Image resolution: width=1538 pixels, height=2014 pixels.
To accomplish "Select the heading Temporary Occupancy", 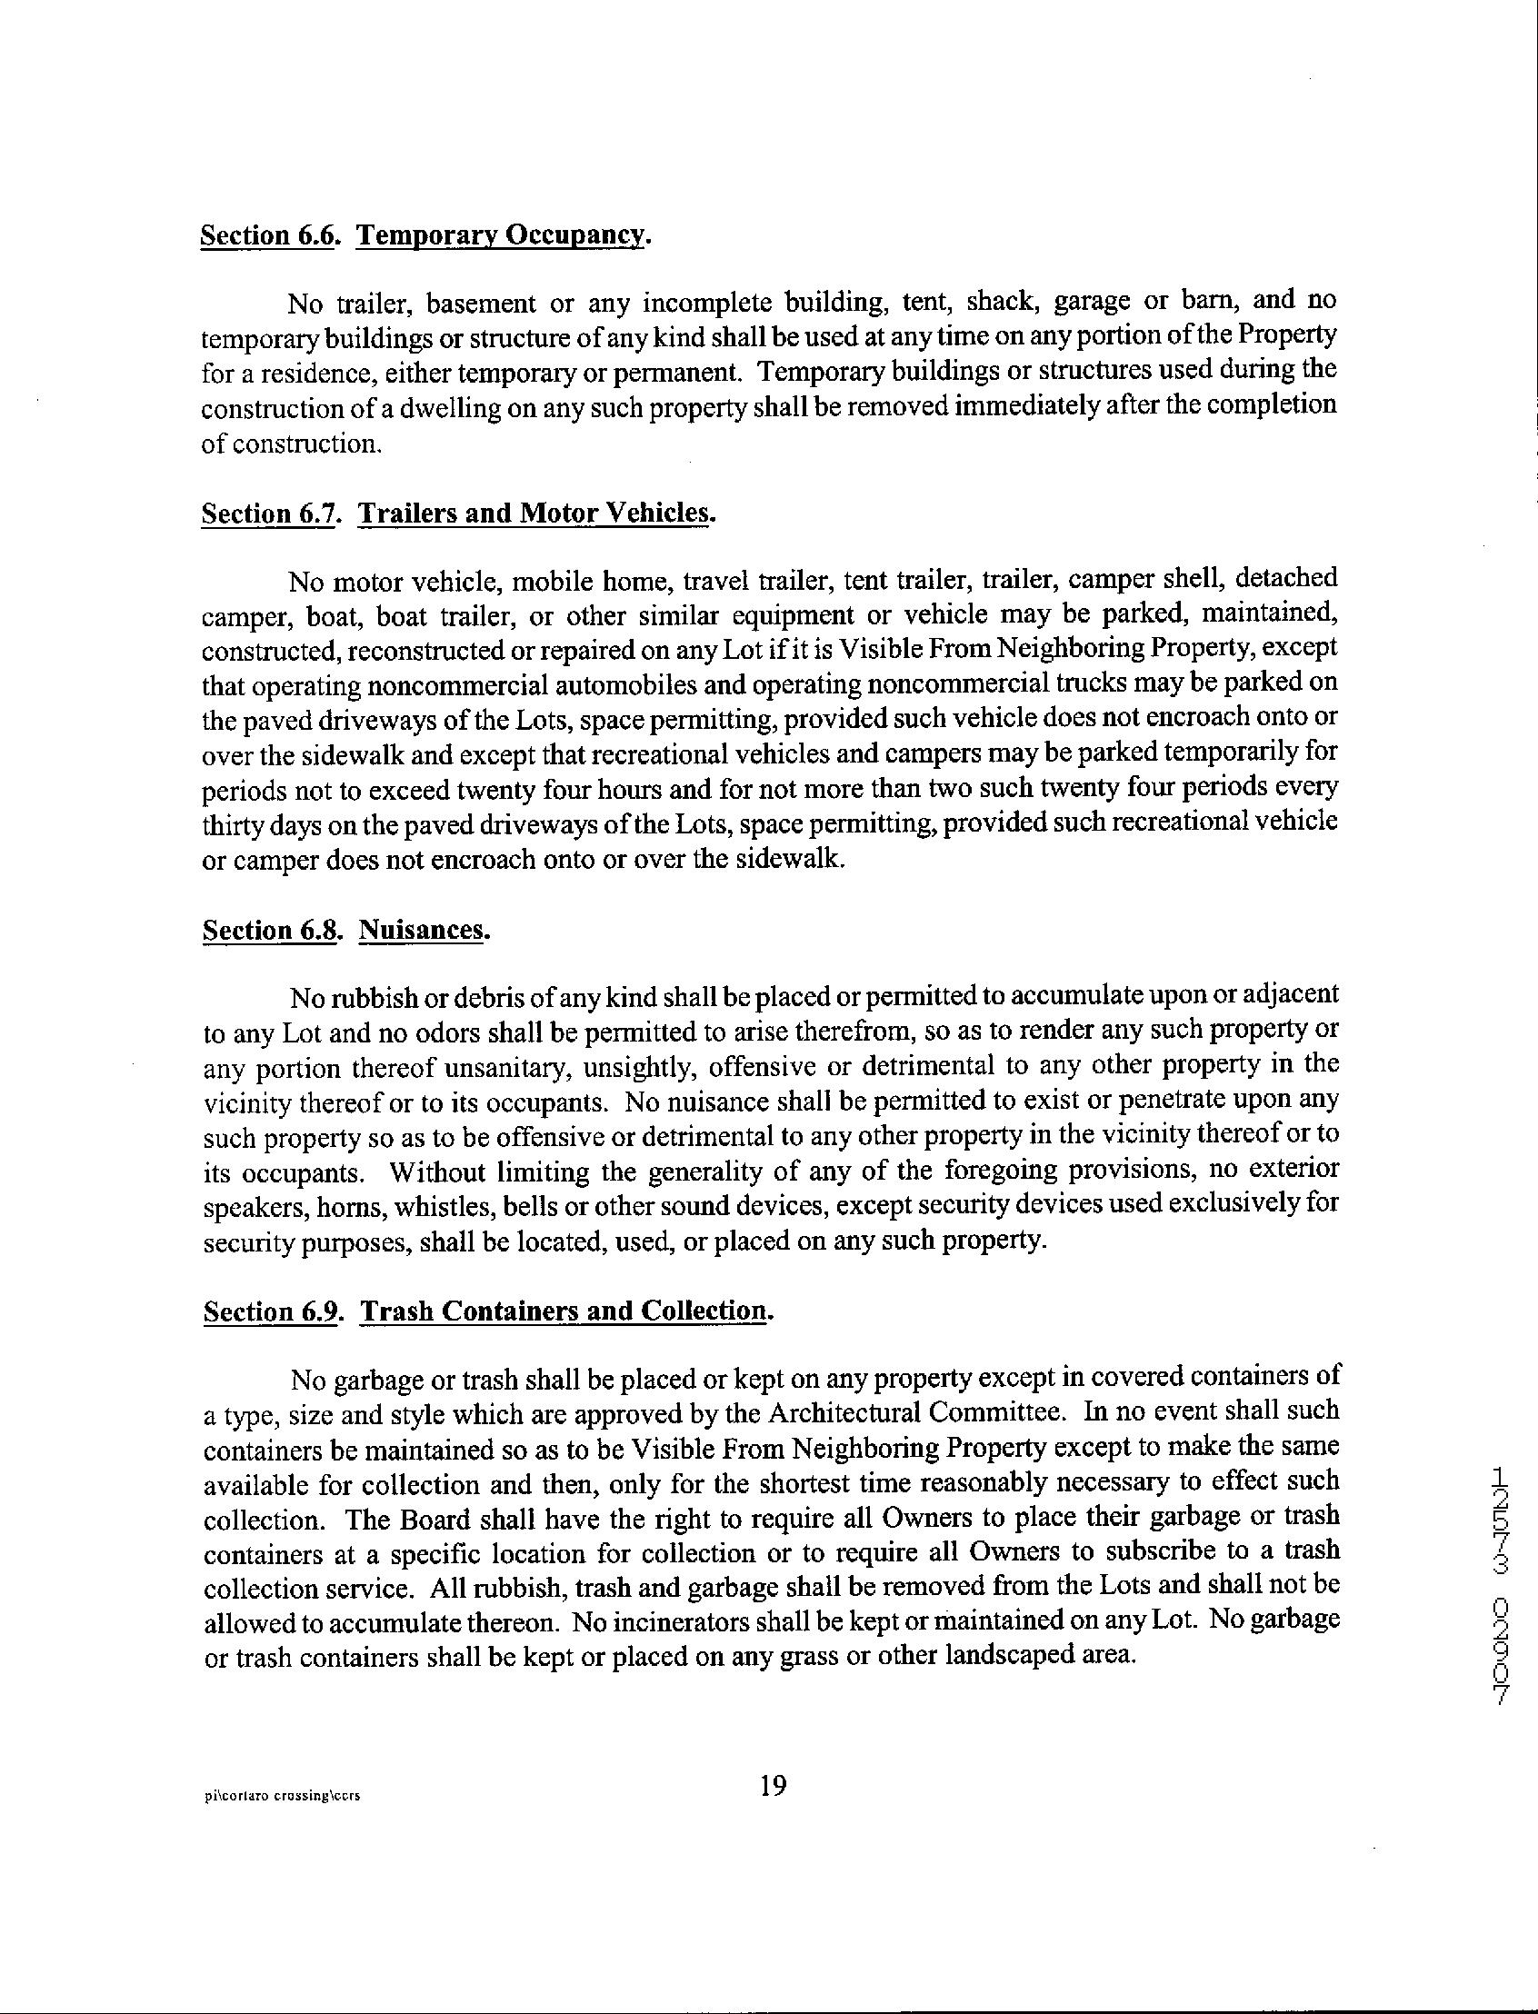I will (501, 235).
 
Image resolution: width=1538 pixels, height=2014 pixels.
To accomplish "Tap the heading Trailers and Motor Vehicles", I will (534, 513).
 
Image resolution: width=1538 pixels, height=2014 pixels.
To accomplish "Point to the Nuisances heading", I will (420, 930).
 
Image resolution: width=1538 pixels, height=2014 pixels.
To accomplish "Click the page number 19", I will (773, 1786).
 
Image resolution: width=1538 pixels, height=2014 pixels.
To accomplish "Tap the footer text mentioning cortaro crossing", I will (282, 1796).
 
